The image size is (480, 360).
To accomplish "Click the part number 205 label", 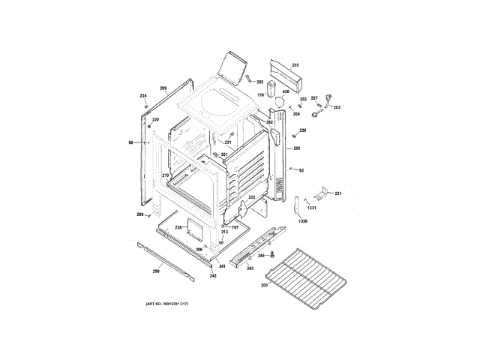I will click(x=295, y=65).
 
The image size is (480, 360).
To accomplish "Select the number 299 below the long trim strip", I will click(x=157, y=271).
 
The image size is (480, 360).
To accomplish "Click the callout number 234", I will click(x=143, y=96).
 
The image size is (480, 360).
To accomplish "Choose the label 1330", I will click(x=302, y=222).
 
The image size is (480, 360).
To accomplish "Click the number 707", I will click(x=233, y=227).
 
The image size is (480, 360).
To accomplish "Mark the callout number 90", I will click(x=130, y=142).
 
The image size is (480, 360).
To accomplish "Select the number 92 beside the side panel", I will click(x=301, y=171).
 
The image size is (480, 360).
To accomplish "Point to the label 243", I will click(x=250, y=268).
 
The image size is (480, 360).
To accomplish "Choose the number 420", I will click(x=286, y=91).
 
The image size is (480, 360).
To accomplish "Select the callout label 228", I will click(x=302, y=130).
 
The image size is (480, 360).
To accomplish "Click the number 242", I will click(x=213, y=275).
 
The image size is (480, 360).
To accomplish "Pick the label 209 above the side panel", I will click(x=162, y=89).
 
